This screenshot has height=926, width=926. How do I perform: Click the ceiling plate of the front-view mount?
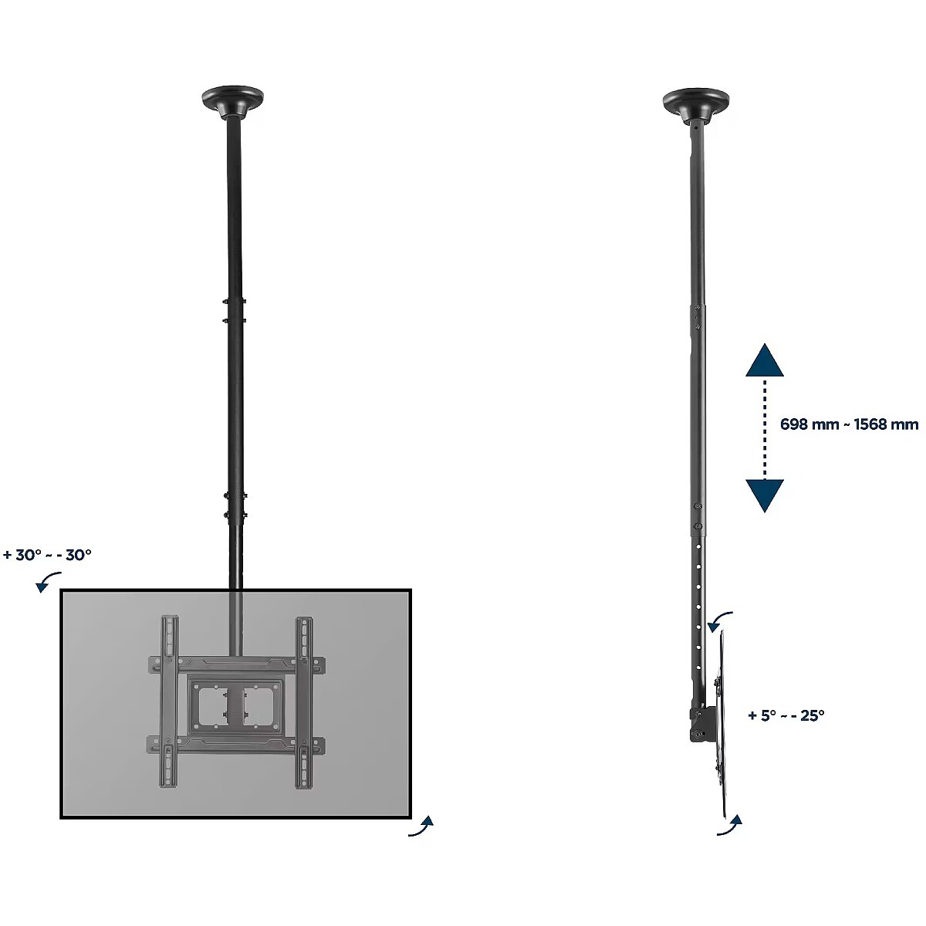click(x=232, y=102)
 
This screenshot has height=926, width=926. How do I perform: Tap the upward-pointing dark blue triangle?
click(x=765, y=360)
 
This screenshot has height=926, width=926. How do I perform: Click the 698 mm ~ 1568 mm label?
click(x=849, y=424)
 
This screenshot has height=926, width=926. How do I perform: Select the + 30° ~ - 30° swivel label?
click(x=47, y=555)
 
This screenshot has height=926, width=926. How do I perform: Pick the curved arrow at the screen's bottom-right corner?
click(x=421, y=826)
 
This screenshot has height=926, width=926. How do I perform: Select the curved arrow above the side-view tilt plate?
click(x=720, y=622)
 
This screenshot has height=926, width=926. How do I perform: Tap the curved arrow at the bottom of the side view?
click(x=729, y=825)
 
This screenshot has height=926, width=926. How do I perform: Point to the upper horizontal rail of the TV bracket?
click(x=236, y=664)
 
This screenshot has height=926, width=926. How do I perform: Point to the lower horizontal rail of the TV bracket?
click(x=236, y=745)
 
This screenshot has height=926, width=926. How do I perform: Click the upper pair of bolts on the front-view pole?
click(x=235, y=310)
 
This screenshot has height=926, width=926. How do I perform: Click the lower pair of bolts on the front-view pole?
click(x=235, y=505)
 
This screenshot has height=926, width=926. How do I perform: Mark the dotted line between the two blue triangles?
click(x=765, y=428)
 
